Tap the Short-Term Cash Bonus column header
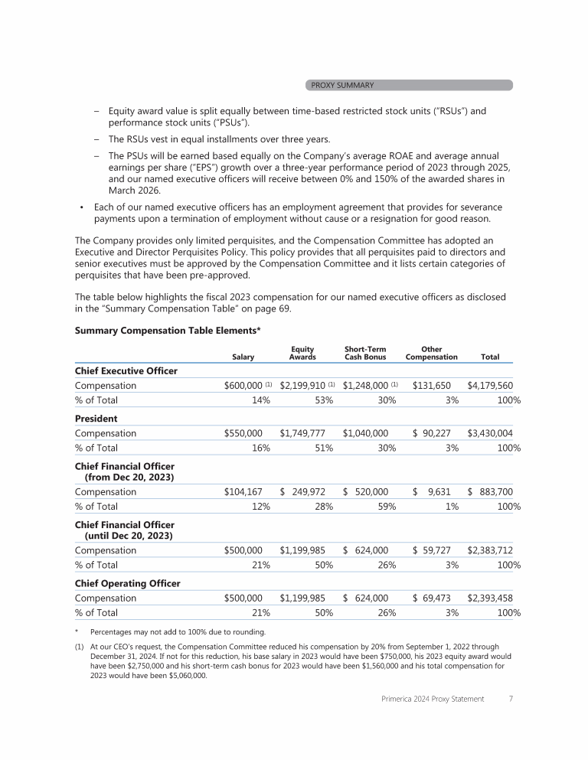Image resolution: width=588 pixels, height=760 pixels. [x=364, y=353]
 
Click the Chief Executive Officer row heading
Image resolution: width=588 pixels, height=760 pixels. [x=126, y=370]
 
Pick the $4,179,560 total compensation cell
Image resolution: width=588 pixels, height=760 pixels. [x=490, y=386]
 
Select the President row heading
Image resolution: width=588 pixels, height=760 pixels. [x=96, y=419]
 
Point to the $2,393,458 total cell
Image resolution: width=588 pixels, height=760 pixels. [x=490, y=598]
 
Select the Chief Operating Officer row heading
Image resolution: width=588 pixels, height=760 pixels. [x=127, y=583]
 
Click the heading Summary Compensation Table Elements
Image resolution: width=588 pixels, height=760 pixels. [x=168, y=331]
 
